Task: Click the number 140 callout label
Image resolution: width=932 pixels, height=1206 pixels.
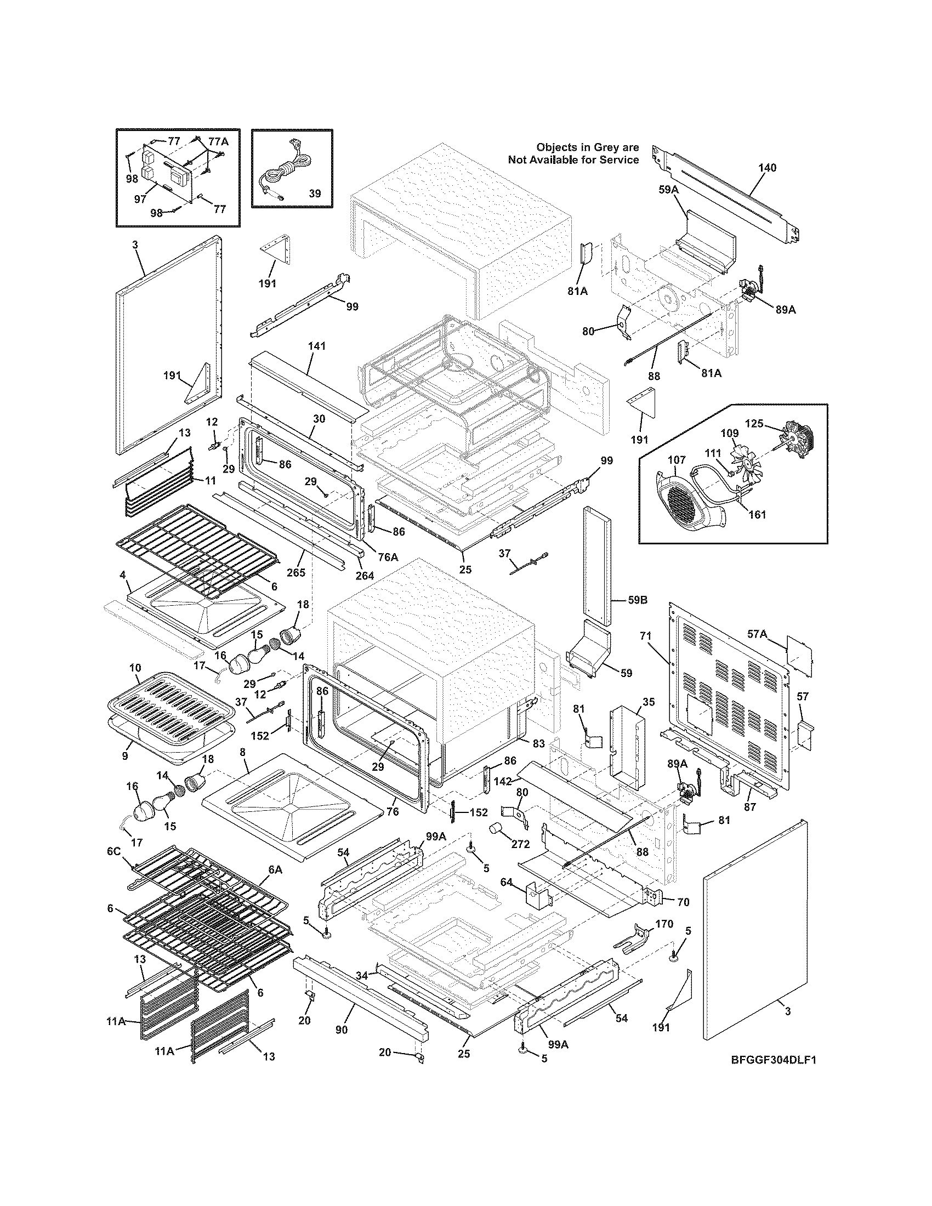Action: pyautogui.click(x=768, y=167)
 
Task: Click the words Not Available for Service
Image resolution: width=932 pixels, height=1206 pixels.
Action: pyautogui.click(x=573, y=160)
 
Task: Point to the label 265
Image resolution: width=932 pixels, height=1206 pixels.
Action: pyautogui.click(x=296, y=572)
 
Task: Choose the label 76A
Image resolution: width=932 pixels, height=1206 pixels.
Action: pyautogui.click(x=388, y=557)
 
